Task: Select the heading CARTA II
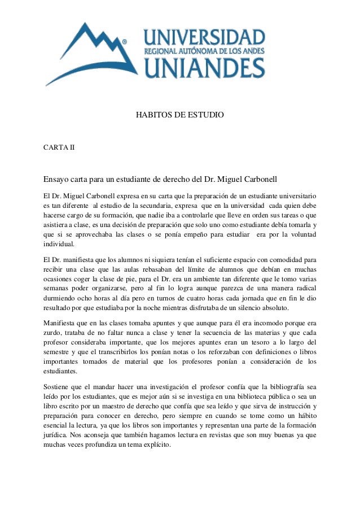(59, 147)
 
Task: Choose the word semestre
(59, 352)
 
